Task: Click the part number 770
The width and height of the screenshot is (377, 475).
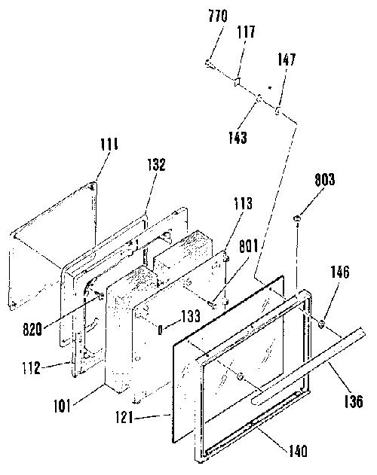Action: click(218, 16)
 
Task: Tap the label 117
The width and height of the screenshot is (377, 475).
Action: click(246, 32)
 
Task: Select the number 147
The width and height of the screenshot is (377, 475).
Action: click(287, 59)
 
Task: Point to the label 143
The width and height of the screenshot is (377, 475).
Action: click(238, 138)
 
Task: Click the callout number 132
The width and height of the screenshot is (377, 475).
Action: click(156, 165)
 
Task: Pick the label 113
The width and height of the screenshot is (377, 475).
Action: click(243, 203)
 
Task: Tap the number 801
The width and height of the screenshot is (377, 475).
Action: click(249, 246)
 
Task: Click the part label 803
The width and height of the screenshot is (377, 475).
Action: click(324, 179)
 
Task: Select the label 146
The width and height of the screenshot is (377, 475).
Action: click(340, 272)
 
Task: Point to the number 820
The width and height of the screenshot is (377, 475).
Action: click(32, 329)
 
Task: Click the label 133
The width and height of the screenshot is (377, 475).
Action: click(191, 316)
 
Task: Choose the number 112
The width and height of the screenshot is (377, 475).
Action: click(31, 368)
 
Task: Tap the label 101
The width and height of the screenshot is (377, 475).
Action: click(63, 406)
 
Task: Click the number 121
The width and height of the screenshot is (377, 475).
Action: click(124, 418)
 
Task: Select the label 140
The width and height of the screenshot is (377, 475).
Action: click(298, 452)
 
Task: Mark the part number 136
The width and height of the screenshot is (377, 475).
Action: click(354, 402)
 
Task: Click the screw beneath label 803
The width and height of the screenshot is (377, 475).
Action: click(297, 218)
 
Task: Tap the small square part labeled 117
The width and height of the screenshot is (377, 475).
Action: click(237, 81)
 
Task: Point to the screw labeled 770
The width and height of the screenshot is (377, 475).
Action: click(209, 64)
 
